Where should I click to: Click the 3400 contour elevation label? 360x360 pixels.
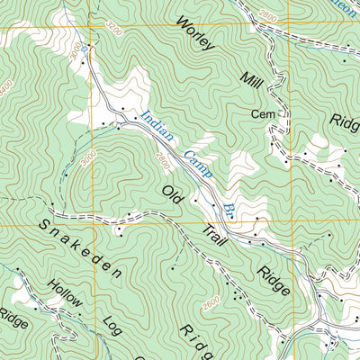click(x=7, y=86)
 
